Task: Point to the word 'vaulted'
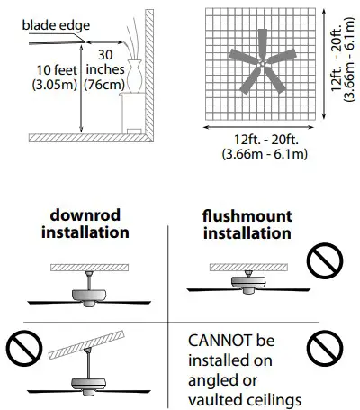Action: [215, 396]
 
